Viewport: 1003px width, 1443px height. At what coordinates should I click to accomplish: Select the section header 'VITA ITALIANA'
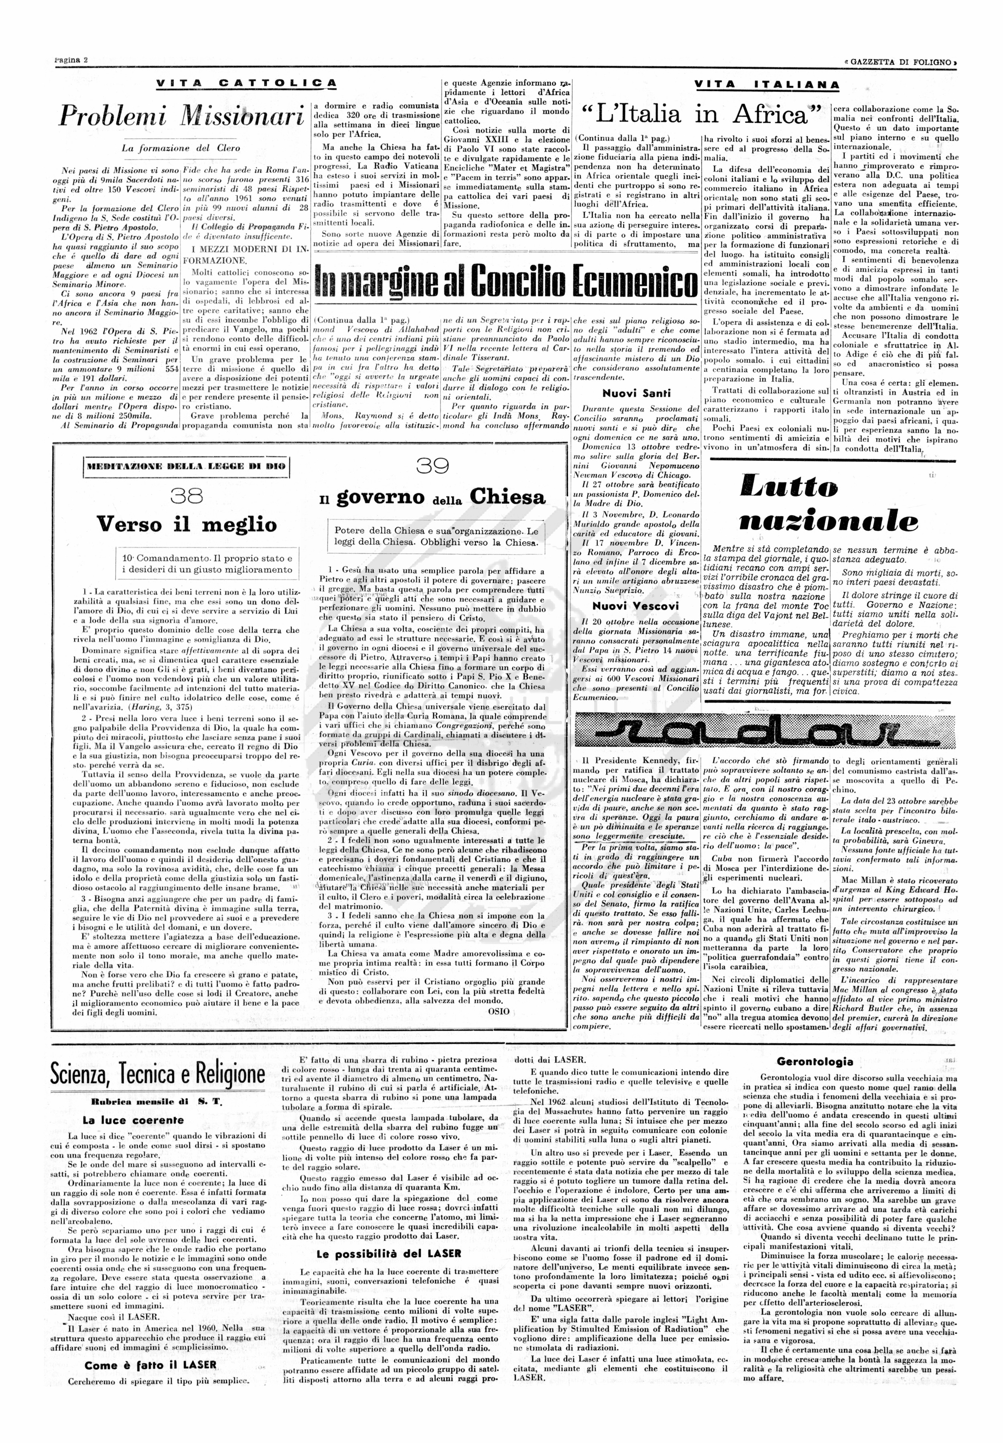[767, 85]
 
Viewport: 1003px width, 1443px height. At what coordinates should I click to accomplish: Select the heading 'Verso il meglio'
[187, 525]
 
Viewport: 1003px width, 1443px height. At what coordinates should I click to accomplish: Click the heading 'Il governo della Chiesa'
[432, 498]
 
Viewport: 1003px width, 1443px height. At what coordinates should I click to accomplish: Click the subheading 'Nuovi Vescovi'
[636, 606]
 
